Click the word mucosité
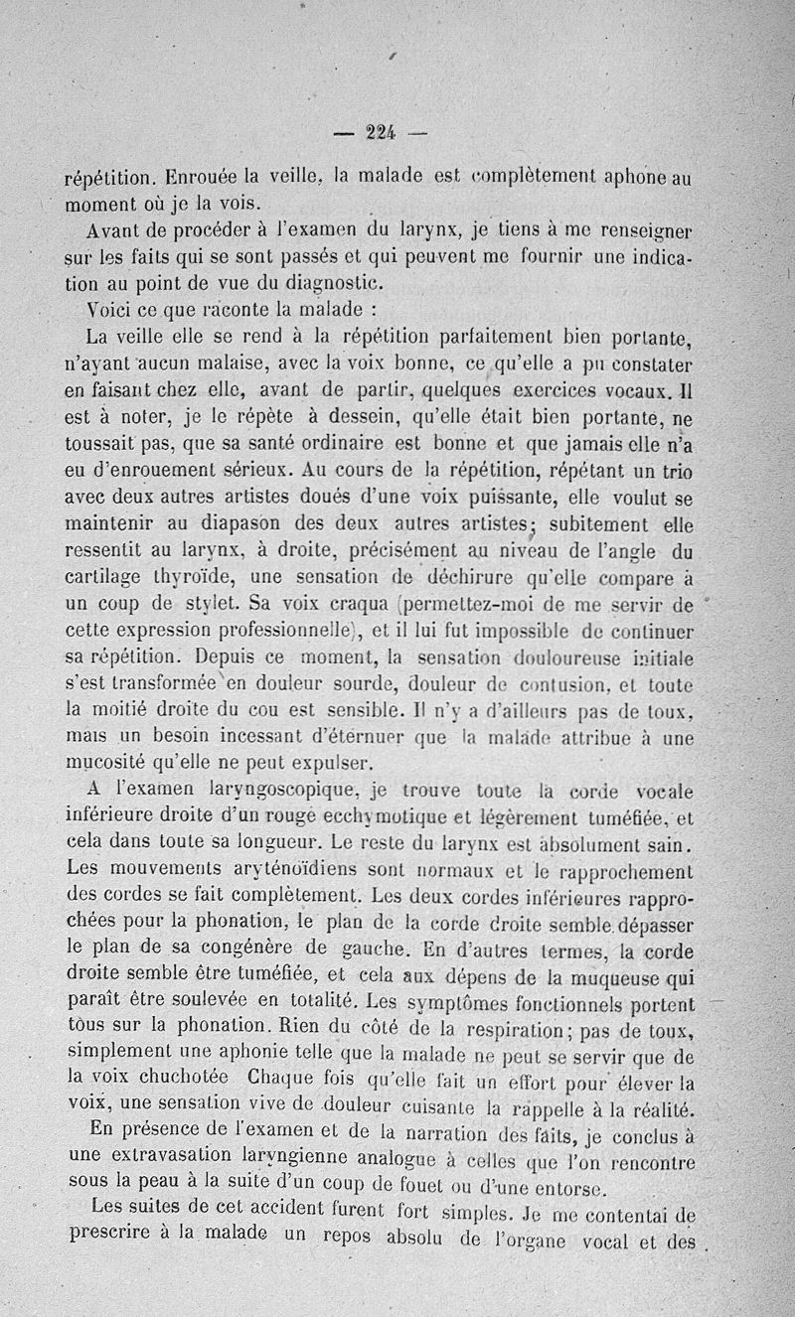[x=108, y=763]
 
